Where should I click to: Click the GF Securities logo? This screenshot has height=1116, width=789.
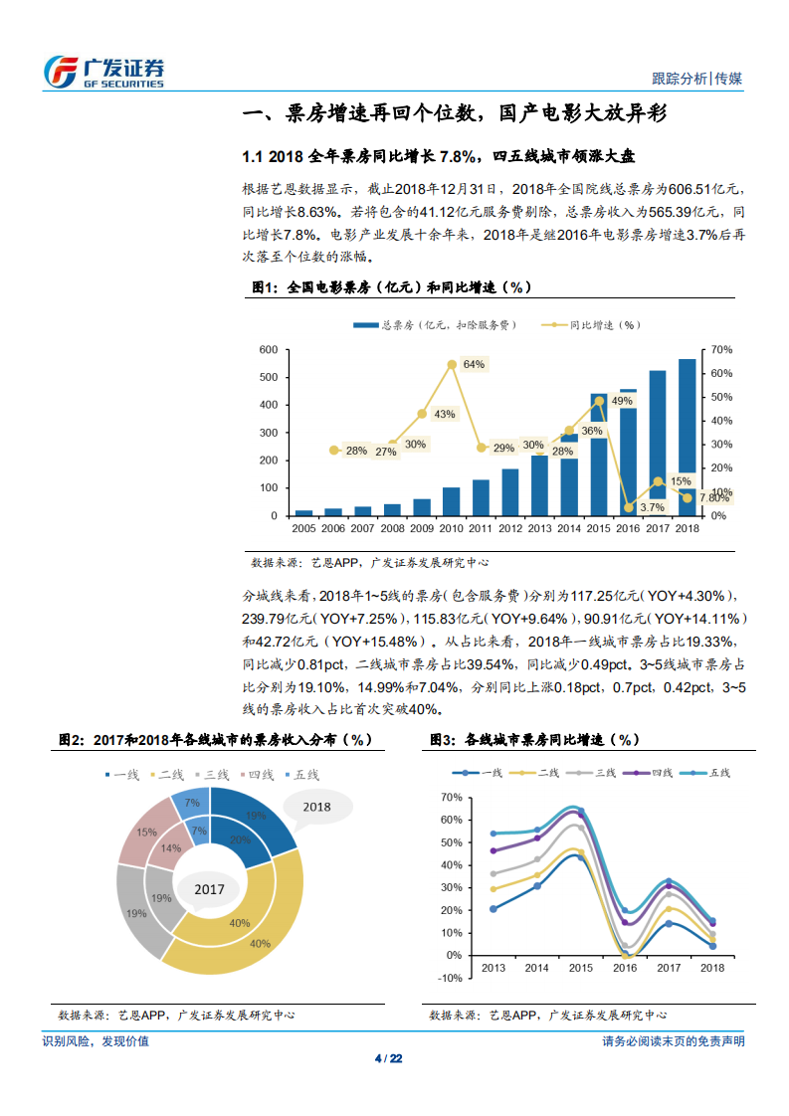point(103,72)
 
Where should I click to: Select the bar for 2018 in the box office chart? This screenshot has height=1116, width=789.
point(688,438)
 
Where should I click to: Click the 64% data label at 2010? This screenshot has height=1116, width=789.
point(474,364)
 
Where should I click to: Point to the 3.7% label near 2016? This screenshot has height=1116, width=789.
point(652,507)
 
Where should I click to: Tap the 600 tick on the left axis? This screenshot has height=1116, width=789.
point(267,350)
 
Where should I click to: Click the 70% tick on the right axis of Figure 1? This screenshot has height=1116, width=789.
point(722,350)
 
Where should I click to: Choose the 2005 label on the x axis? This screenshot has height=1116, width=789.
point(303,527)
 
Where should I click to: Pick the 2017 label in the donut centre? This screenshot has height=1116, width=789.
point(209,889)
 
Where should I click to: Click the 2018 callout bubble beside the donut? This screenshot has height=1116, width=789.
point(316,808)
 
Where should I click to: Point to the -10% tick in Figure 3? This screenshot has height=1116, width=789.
point(450,978)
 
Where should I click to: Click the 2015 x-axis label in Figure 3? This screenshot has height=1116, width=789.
point(582,967)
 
